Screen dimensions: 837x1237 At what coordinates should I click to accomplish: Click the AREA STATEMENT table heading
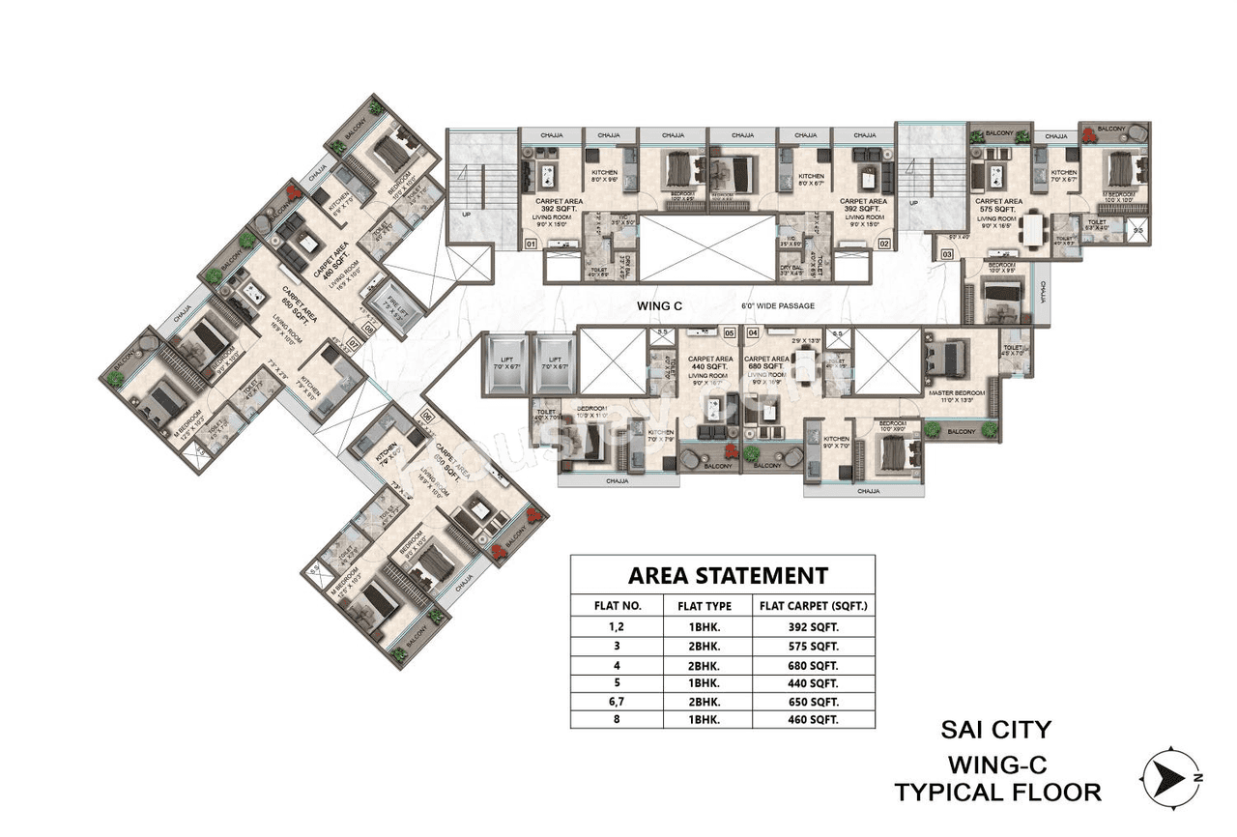point(728,575)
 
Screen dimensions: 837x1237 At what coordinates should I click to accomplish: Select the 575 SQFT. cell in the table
point(814,646)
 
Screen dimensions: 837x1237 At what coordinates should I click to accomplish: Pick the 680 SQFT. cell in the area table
point(814,666)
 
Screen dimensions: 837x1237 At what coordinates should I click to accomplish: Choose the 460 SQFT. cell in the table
point(814,719)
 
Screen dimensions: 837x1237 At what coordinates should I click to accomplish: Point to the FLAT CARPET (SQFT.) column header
point(814,607)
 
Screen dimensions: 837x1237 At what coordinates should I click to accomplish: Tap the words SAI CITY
point(996,729)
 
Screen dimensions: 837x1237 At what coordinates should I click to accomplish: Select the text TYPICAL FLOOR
point(996,793)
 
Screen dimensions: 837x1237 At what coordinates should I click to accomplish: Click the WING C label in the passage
point(659,306)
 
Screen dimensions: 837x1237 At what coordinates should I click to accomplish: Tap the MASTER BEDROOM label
point(955,391)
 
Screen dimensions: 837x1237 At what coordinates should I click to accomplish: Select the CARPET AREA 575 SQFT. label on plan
point(998,206)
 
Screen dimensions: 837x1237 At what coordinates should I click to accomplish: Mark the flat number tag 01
point(531,245)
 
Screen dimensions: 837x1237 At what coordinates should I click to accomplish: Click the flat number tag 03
point(946,253)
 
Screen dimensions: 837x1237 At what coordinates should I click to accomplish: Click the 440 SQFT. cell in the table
point(814,682)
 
